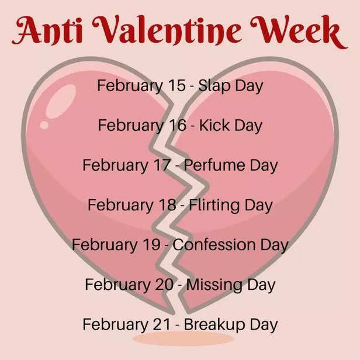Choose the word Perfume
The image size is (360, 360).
tap(216, 165)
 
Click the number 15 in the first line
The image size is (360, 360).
tap(176, 85)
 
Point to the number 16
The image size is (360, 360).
tap(176, 125)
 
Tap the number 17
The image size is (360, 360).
tap(161, 165)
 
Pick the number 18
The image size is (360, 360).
tap(167, 205)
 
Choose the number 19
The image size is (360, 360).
tap(151, 244)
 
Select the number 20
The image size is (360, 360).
tap(164, 285)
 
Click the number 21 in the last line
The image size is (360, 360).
tap(161, 324)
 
